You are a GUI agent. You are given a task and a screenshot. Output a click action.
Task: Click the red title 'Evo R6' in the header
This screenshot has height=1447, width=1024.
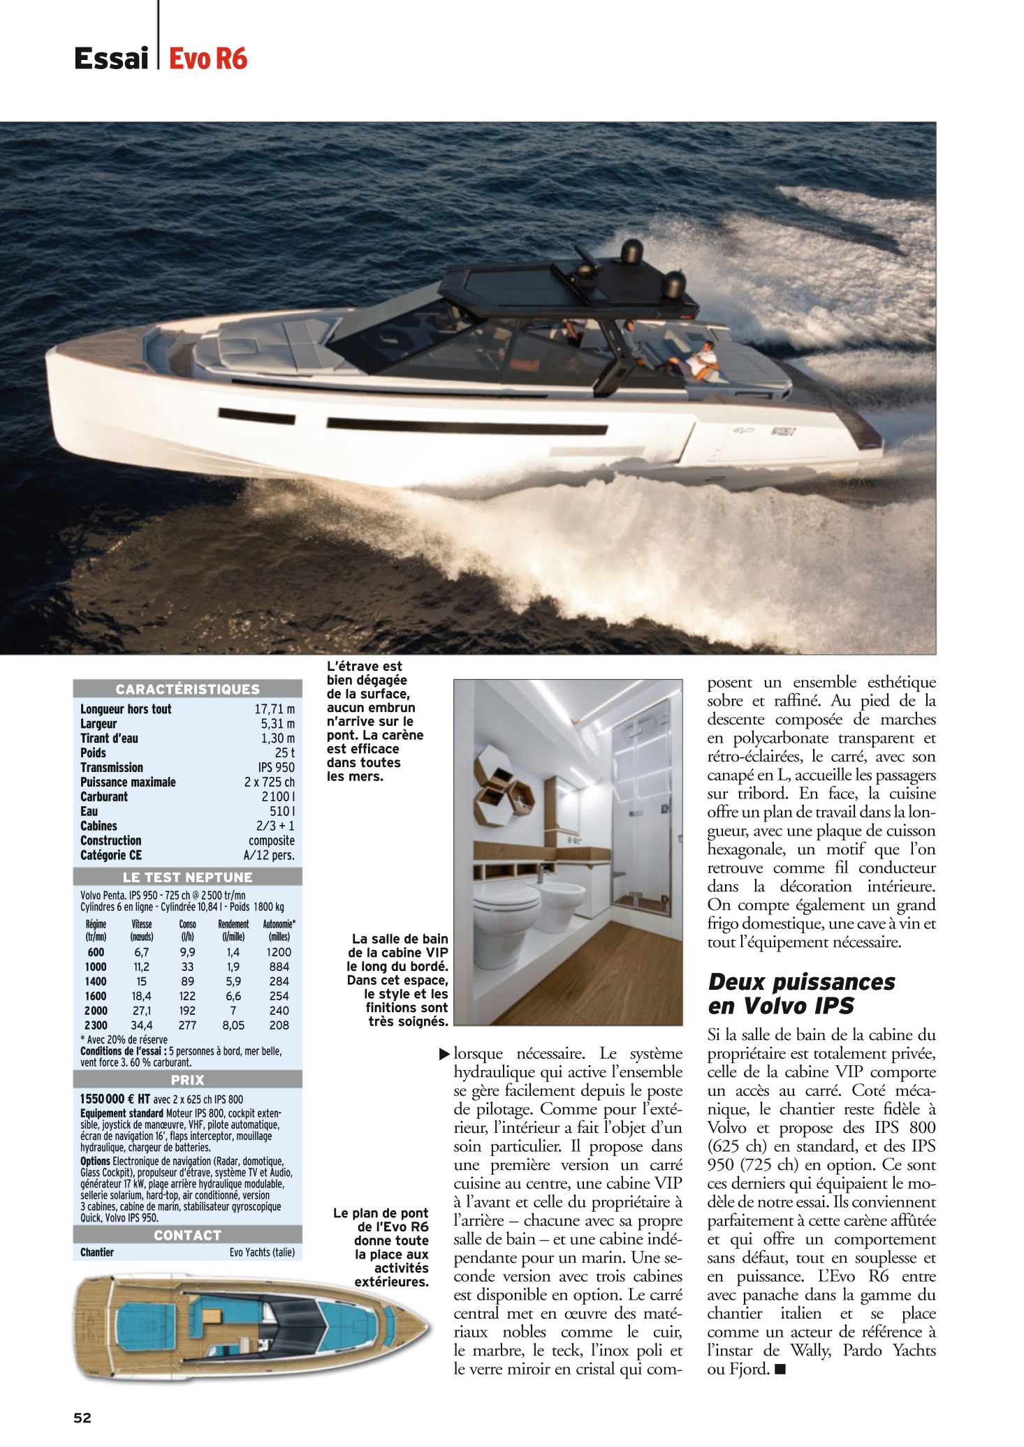[x=207, y=59]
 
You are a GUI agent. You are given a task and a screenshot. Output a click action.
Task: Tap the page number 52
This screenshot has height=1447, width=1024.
[x=82, y=1417]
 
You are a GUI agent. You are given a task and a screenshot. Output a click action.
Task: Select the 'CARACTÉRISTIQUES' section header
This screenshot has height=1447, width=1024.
[x=187, y=689]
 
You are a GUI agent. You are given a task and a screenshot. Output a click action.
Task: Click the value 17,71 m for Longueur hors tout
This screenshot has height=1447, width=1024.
[x=274, y=709]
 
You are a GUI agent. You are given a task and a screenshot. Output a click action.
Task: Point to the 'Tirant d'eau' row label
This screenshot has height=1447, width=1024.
[x=109, y=739]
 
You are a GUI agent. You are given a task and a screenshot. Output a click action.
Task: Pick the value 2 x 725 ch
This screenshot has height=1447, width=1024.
[x=269, y=782]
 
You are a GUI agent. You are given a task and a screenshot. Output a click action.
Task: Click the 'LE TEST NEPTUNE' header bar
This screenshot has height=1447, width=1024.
[x=187, y=877]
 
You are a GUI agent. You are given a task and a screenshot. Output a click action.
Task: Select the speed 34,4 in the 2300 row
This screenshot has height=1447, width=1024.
[x=141, y=1025]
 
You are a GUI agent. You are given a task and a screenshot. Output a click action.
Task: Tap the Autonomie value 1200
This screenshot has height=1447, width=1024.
[x=279, y=952]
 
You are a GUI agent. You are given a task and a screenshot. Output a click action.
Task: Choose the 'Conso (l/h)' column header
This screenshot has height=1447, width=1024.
[x=187, y=930]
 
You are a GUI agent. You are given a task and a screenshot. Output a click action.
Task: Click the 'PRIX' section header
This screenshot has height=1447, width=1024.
[x=187, y=1080]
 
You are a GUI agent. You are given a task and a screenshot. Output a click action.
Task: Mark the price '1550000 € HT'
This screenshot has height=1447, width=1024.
[x=115, y=1099]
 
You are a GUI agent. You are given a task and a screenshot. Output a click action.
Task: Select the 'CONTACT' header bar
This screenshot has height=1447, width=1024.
[x=187, y=1235]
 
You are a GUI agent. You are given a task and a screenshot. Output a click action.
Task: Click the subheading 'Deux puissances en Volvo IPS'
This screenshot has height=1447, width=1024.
[x=801, y=993]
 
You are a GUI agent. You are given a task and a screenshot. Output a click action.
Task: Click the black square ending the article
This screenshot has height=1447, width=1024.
[x=780, y=1370]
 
